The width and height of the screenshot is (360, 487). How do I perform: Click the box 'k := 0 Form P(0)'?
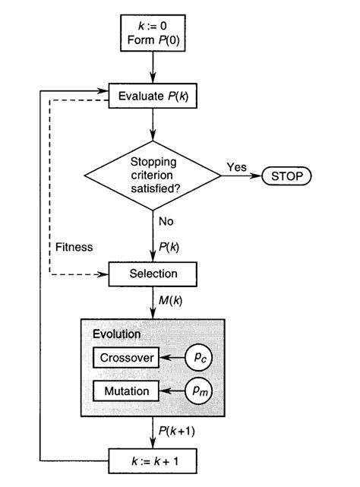153,36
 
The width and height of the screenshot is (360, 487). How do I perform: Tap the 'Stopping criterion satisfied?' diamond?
153,176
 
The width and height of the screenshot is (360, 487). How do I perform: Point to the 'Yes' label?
236,167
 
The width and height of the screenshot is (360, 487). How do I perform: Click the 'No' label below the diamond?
167,223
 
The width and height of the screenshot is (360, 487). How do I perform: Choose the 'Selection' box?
154,273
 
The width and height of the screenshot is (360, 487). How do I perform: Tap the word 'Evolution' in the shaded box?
118,334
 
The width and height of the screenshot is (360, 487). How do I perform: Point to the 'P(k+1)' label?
179,432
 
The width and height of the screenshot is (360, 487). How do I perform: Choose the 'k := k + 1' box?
153,460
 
